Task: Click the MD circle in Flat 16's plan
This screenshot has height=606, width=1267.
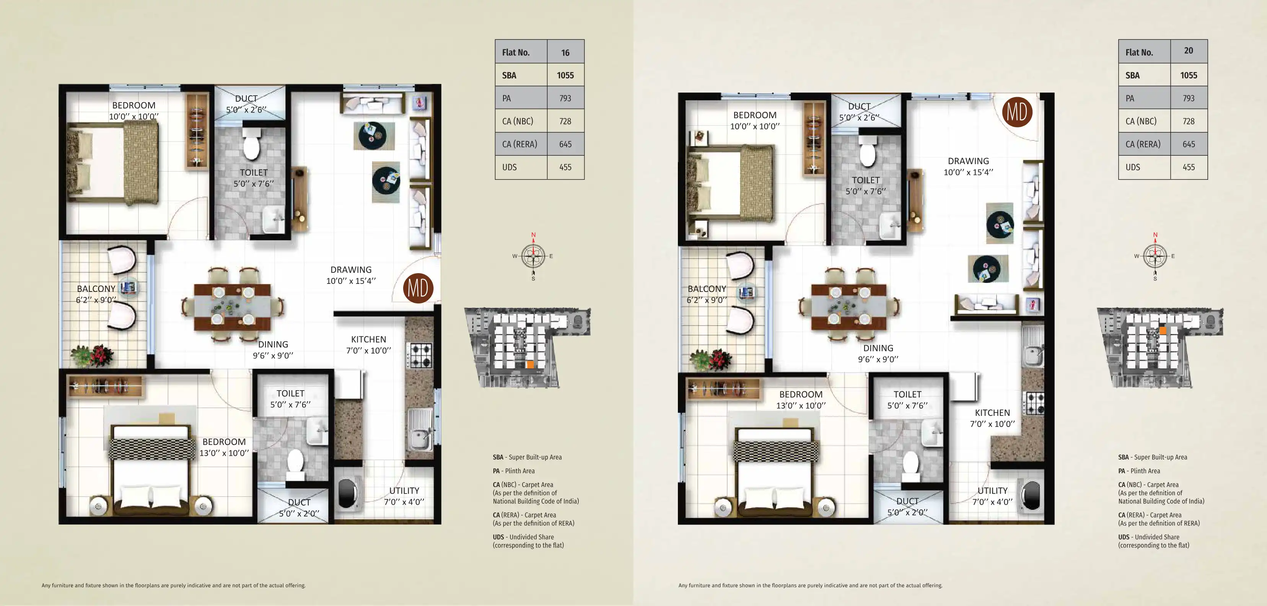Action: pos(418,288)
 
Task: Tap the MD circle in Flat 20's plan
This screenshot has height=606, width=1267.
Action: pos(1017,112)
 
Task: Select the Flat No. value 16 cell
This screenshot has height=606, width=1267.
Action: pos(565,52)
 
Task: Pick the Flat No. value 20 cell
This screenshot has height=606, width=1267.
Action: pos(1188,50)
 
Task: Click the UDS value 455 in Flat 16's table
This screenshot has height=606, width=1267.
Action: pos(565,167)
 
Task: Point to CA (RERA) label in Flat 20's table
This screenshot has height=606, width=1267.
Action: pos(1143,144)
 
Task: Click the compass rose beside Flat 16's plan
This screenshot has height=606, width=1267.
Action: pos(533,256)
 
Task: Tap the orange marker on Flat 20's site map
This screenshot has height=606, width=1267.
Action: pos(1163,331)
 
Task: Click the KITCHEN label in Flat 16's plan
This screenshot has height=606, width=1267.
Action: pos(368,339)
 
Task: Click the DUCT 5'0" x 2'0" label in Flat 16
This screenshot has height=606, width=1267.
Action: pos(299,508)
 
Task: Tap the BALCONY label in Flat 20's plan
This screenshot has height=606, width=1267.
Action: pos(707,289)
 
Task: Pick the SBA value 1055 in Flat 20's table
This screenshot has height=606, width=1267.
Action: pos(1188,75)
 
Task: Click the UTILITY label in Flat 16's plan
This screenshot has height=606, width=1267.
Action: pos(404,490)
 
